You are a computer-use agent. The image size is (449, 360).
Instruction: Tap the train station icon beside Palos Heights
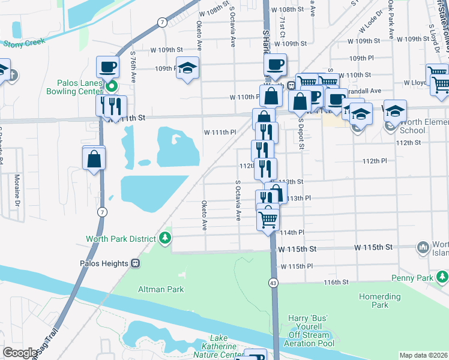coord(136,263)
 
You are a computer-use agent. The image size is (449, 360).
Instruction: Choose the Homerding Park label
coord(380,301)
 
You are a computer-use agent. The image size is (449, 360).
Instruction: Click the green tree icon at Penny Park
coord(442,278)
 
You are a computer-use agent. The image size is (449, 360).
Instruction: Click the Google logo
coord(19,353)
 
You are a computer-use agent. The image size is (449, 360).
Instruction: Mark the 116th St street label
coord(337,281)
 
